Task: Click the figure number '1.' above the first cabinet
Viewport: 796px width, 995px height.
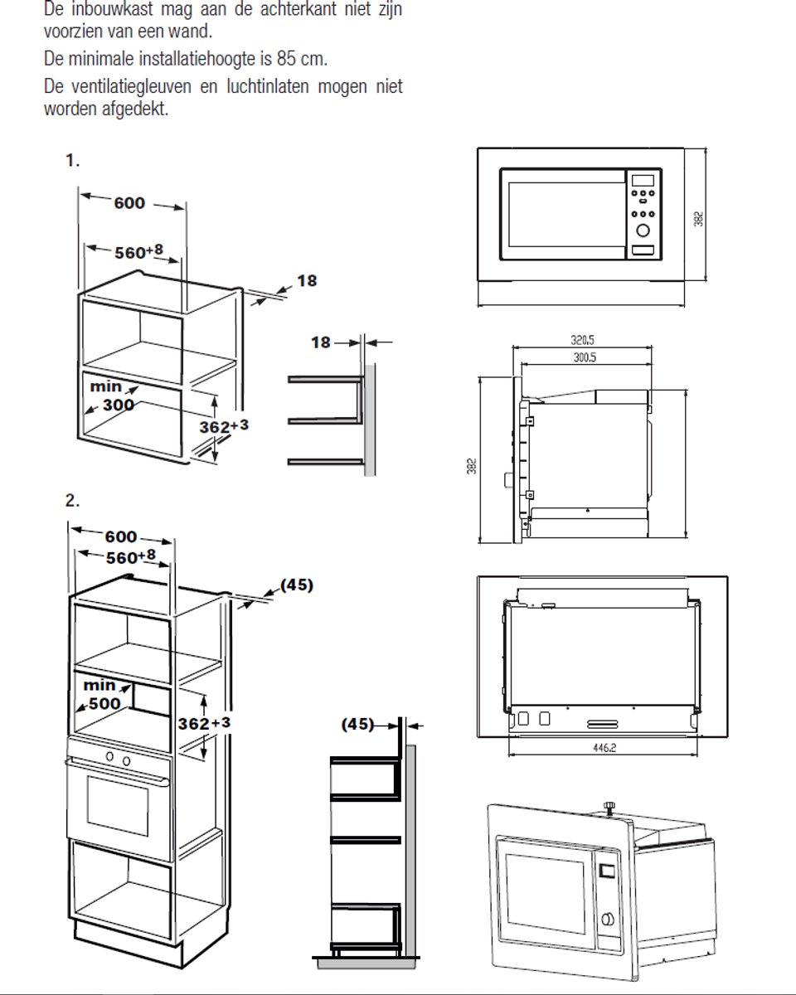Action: tap(73, 161)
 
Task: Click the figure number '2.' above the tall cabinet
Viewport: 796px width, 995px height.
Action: tap(73, 500)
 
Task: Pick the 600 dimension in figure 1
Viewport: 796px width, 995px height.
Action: tap(129, 203)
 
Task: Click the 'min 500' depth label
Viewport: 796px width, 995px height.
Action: tap(104, 695)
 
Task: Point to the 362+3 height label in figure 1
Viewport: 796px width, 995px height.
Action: tap(225, 425)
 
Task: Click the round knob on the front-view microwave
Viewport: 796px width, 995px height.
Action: tap(643, 231)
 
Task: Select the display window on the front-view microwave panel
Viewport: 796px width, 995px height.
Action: tap(643, 180)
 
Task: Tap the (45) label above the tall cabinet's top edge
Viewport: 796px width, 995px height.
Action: tap(297, 585)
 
